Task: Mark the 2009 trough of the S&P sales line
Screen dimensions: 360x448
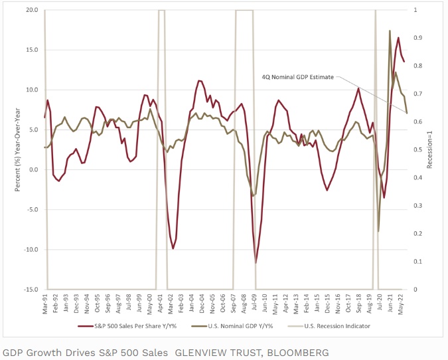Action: point(256,262)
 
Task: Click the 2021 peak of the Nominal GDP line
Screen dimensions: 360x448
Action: point(390,31)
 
